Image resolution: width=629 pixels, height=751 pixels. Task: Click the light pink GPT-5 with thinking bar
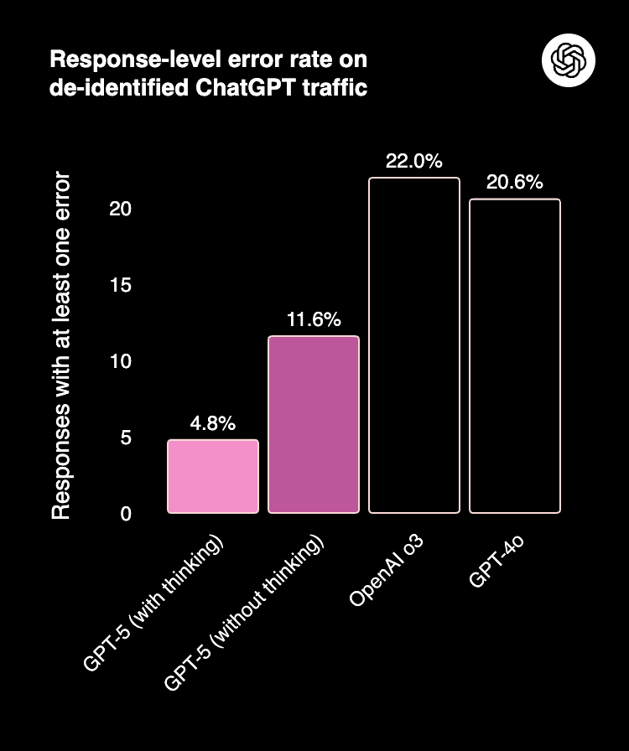pyautogui.click(x=213, y=476)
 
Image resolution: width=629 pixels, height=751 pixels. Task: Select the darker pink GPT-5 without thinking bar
pyautogui.click(x=314, y=424)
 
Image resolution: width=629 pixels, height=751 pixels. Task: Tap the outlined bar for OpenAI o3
pyautogui.click(x=414, y=345)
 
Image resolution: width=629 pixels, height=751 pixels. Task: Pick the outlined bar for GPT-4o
pyautogui.click(x=515, y=355)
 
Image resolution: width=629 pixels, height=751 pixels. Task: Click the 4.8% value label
pyautogui.click(x=213, y=423)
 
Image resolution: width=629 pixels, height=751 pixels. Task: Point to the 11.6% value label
pyautogui.click(x=314, y=319)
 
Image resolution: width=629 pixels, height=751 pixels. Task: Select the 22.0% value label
pyautogui.click(x=414, y=161)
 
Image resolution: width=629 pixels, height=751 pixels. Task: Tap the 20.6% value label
pyautogui.click(x=515, y=182)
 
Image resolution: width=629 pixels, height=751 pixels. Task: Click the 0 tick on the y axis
pyautogui.click(x=126, y=514)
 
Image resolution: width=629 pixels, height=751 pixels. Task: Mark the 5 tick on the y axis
pyautogui.click(x=126, y=438)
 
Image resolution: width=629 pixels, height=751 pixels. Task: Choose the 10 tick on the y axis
pyautogui.click(x=121, y=361)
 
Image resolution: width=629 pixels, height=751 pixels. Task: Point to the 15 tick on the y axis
pyautogui.click(x=121, y=285)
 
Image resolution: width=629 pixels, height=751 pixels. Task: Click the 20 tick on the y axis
pyautogui.click(x=121, y=209)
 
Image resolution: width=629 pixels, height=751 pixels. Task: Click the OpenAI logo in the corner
pyautogui.click(x=569, y=60)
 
